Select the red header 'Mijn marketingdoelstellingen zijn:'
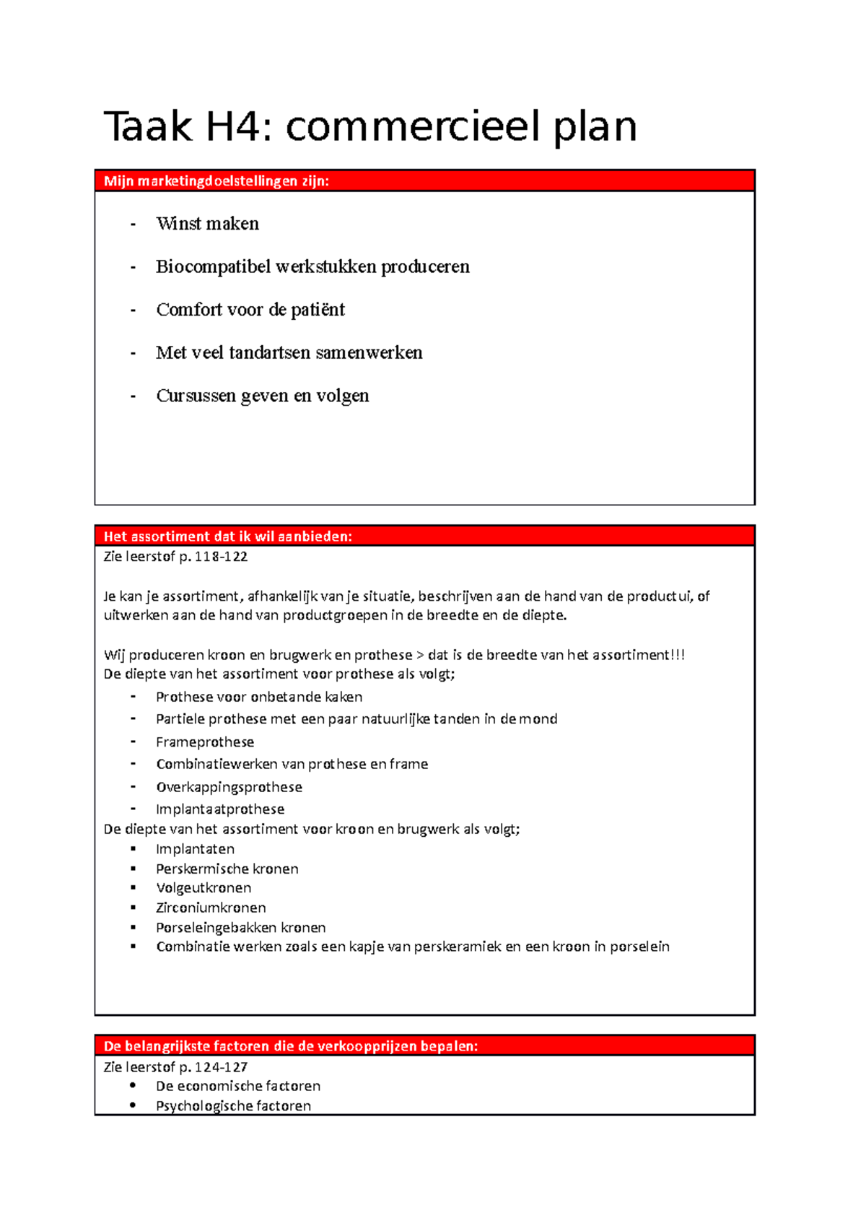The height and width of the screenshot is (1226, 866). (216, 181)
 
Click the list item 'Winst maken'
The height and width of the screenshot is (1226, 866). (207, 224)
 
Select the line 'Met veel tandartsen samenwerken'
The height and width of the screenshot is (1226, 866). (289, 353)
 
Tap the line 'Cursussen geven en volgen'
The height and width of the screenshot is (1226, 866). (262, 396)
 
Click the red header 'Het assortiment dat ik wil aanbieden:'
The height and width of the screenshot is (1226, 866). (227, 536)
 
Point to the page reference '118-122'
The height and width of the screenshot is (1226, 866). (221, 557)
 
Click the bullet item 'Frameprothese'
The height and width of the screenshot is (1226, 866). (204, 742)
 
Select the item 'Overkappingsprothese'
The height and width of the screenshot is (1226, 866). (229, 787)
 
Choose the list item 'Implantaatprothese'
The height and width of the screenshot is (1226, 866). (219, 809)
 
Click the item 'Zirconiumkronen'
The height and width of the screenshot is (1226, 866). (211, 908)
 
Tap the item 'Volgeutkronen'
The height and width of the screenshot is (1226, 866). (204, 888)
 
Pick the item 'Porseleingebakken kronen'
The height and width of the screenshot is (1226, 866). (240, 928)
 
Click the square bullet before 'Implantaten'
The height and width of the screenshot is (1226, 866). (134, 848)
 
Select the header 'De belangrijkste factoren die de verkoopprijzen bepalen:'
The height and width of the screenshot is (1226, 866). (290, 1046)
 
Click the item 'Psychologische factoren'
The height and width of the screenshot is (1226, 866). (233, 1106)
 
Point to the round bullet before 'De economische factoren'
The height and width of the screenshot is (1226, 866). (133, 1085)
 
